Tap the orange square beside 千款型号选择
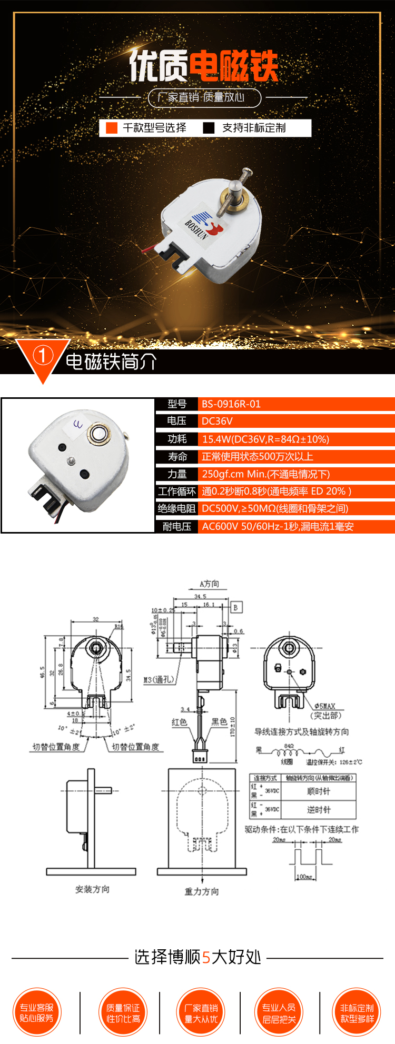[112, 128]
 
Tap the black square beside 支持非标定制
[209, 128]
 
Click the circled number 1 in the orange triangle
[43, 356]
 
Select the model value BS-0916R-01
[231, 404]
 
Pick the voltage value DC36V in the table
[217, 421]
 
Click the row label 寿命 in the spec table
[177, 456]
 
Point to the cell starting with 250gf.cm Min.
[265, 474]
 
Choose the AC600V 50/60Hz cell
[278, 526]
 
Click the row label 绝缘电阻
[176, 508]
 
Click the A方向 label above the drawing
[209, 584]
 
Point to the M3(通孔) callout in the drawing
[159, 679]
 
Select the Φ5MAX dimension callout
[324, 706]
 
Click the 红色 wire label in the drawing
[179, 722]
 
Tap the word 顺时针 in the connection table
[319, 791]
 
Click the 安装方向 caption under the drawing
[92, 889]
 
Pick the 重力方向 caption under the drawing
[202, 891]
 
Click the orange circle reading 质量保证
[123, 1012]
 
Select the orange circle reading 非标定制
[357, 1012]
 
